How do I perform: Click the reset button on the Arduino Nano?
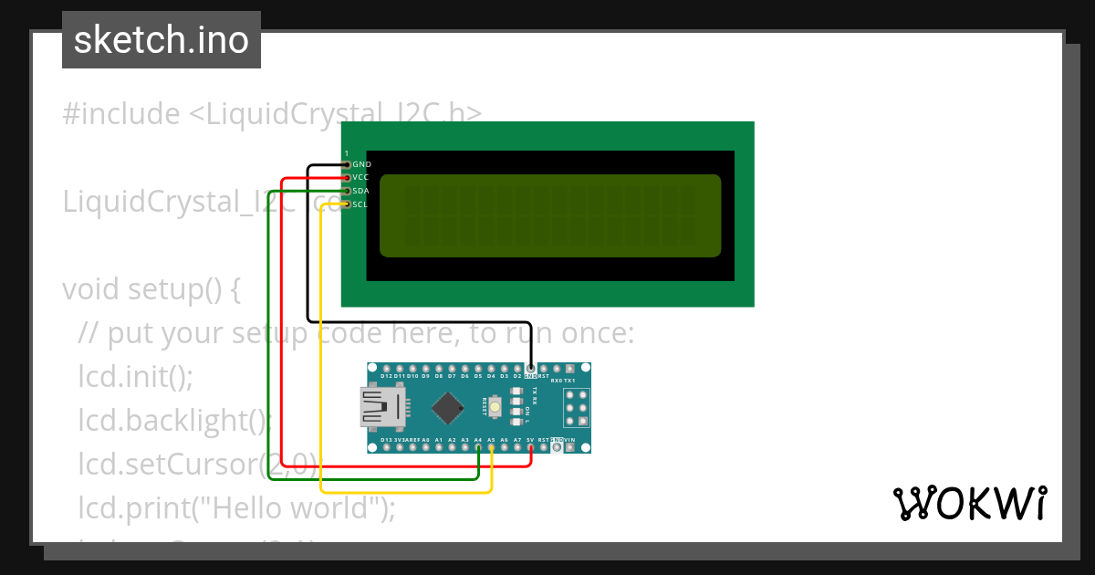[x=495, y=406]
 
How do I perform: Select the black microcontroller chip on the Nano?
[x=446, y=407]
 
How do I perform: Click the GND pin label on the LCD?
[x=361, y=164]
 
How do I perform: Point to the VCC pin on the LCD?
[x=348, y=177]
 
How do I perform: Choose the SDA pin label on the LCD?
[x=361, y=191]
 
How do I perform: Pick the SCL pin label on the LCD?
[x=361, y=204]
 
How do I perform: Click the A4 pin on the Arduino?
[x=478, y=447]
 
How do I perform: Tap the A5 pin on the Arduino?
[x=491, y=447]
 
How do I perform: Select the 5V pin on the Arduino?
[x=530, y=447]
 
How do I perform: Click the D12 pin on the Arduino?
[x=387, y=369]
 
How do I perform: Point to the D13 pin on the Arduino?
[x=387, y=447]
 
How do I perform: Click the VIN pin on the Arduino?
[x=570, y=447]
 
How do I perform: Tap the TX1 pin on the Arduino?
[x=570, y=369]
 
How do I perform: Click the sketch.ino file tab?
[x=161, y=40]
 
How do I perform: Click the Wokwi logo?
[x=969, y=503]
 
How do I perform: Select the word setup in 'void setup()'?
[x=165, y=289]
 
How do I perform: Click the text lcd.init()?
[x=136, y=377]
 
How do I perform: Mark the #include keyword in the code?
[x=121, y=114]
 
